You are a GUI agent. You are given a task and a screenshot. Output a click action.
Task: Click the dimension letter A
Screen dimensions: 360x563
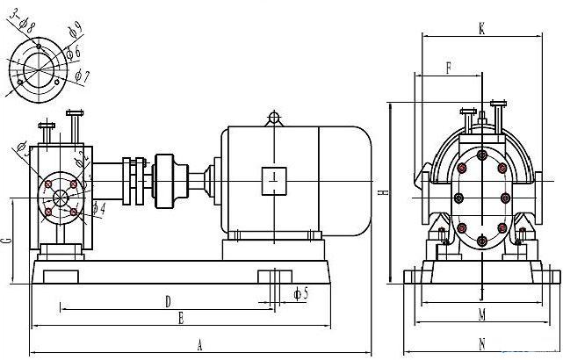point(200,343)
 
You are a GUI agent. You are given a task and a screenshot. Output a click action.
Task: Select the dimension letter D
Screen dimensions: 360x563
point(167,301)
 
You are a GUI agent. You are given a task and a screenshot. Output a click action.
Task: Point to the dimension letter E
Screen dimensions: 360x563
point(180,317)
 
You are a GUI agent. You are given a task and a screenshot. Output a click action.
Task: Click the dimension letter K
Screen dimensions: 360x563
point(482,28)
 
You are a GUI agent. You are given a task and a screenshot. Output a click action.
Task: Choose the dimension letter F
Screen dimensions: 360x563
point(449,67)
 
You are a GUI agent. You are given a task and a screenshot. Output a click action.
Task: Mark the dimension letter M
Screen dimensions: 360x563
point(482,314)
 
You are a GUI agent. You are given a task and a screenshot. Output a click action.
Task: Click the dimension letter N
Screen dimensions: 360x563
point(482,343)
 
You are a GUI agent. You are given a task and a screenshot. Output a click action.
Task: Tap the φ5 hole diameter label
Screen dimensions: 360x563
point(300,292)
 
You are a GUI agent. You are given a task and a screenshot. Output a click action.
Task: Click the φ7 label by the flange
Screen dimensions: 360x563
point(81,76)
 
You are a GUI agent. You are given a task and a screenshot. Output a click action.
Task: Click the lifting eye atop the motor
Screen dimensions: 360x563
point(274,117)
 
